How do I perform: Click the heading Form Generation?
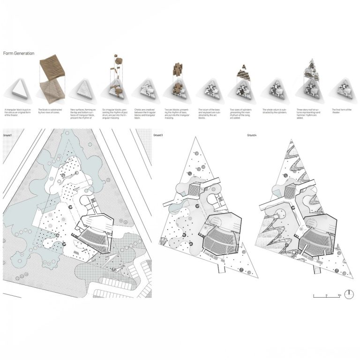[x=19, y=53]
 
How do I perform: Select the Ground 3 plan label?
[x=158, y=135]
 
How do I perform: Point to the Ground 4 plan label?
[x=253, y=135]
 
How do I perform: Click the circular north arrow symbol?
[x=349, y=295]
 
